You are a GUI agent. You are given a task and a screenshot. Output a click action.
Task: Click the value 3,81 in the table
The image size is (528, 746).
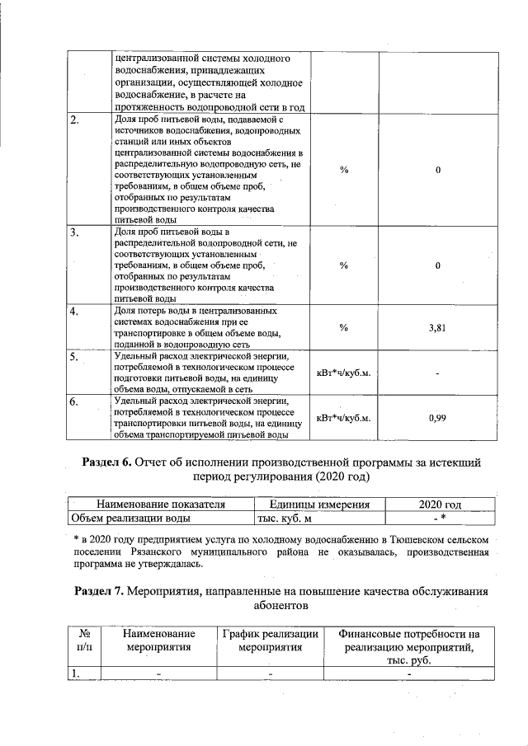click(x=437, y=327)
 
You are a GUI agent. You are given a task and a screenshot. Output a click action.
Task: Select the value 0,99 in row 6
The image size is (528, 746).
click(x=437, y=418)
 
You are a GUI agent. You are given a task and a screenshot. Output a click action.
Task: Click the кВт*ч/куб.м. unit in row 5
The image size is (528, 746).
click(x=344, y=373)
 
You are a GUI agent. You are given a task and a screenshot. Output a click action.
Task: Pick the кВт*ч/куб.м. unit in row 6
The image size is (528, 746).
click(x=344, y=418)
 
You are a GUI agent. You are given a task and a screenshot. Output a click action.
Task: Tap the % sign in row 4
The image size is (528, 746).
click(x=344, y=327)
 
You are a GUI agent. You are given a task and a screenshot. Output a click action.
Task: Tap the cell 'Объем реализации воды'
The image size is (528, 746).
click(x=130, y=518)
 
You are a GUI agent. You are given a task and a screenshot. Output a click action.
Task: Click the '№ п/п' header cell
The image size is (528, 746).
click(x=83, y=640)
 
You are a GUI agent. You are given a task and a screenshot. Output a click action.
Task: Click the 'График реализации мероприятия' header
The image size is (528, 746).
click(x=270, y=640)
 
